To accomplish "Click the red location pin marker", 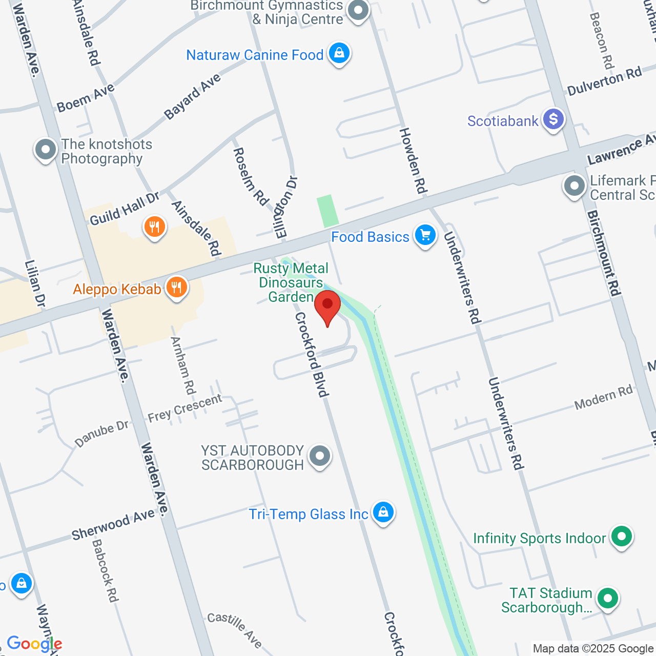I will [327, 305].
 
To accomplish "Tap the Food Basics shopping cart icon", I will [425, 236].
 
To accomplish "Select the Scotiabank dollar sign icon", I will [553, 119].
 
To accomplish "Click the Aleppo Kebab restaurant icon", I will [176, 288].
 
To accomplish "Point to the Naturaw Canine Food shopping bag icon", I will [339, 53].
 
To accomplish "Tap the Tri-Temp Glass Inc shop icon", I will [383, 512].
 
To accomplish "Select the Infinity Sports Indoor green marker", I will [622, 537].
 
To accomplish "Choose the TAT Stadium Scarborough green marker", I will [608, 598].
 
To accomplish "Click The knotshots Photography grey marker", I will [46, 150].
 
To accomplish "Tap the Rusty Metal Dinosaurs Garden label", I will [291, 282].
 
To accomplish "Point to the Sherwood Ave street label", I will [113, 525].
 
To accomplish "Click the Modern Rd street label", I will [603, 398].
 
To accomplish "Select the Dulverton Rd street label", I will [604, 81].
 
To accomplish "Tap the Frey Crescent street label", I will [184, 408].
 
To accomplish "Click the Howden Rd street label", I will [413, 161].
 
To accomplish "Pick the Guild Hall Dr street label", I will [125, 209].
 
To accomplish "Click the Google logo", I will [34, 644].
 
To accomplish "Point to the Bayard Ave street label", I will [192, 96].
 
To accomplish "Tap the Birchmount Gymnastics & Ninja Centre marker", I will [358, 10].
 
